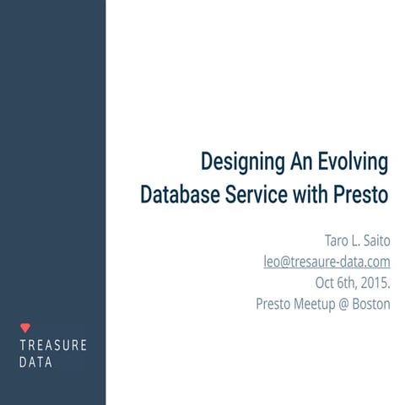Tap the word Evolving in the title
pyautogui.click(x=354, y=161)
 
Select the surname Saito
pyautogui.click(x=374, y=241)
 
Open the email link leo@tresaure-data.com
pyautogui.click(x=327, y=262)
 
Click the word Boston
pyautogui.click(x=372, y=304)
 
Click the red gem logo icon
pyautogui.click(x=24, y=327)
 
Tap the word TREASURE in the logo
pyautogui.click(x=53, y=345)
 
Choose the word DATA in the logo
pyautogui.click(x=36, y=363)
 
